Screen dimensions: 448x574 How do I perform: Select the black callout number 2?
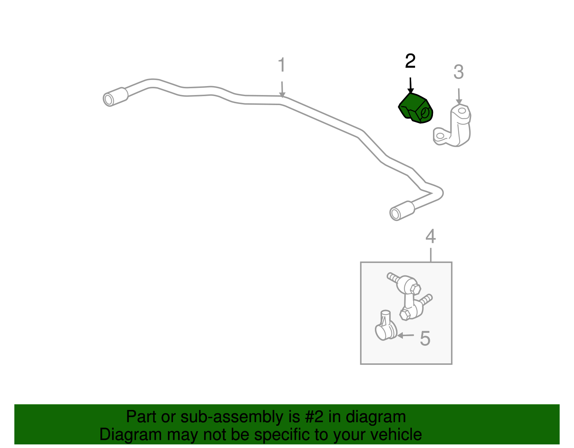[x=410, y=61]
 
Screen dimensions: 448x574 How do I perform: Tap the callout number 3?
[x=458, y=72]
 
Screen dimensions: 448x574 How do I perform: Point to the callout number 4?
[x=430, y=236]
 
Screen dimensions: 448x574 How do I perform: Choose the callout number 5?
[x=425, y=339]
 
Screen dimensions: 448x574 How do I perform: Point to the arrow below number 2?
[x=410, y=86]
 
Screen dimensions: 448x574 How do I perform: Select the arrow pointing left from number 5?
[x=405, y=336]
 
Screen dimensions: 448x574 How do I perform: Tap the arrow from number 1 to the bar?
[x=282, y=89]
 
